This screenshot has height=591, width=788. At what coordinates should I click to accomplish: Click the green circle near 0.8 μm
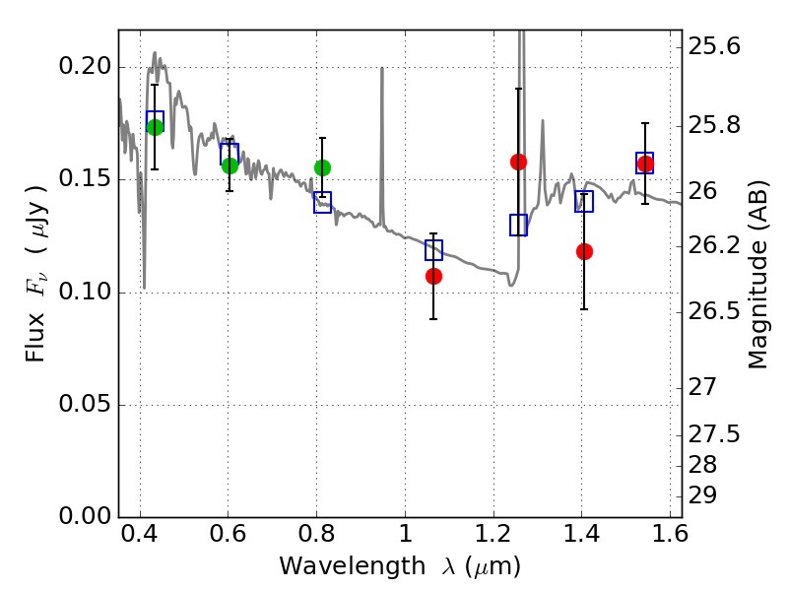click(323, 167)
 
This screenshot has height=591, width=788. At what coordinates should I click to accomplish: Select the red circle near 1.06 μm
click(433, 276)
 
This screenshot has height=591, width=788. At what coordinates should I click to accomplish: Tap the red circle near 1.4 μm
click(584, 251)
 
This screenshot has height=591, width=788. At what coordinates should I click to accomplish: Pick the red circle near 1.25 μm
click(519, 162)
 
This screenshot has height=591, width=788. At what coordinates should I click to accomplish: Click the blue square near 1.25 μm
click(519, 225)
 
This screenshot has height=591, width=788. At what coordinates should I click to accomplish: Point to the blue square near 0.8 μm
click(323, 202)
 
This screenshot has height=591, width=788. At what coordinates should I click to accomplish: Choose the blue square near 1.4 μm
click(584, 201)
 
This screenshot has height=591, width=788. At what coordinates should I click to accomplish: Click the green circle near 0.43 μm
click(156, 127)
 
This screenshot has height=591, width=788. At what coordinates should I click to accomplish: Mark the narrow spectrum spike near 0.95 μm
click(382, 146)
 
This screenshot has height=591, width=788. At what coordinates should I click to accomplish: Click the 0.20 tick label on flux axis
click(85, 66)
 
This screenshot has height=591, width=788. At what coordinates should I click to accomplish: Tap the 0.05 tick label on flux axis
click(85, 404)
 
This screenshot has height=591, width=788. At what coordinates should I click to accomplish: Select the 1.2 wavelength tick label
click(493, 534)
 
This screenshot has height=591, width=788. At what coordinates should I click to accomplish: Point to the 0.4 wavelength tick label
click(140, 534)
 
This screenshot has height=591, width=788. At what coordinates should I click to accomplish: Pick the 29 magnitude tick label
click(702, 495)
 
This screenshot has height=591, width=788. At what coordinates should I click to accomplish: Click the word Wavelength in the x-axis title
click(353, 566)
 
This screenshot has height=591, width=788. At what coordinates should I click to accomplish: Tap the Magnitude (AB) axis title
click(757, 275)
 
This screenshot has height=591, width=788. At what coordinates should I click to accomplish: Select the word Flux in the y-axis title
click(35, 337)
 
